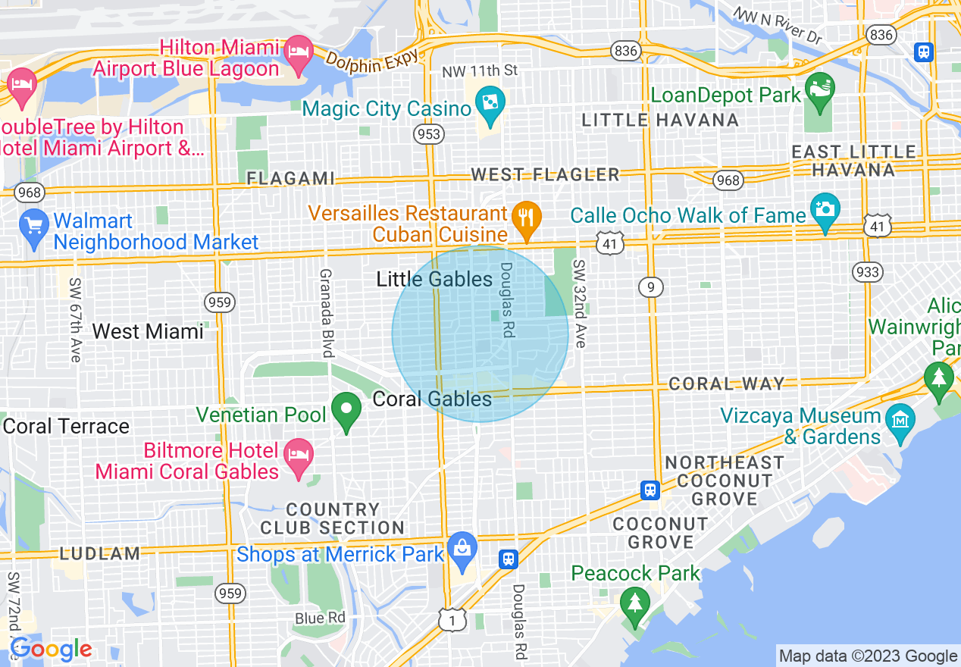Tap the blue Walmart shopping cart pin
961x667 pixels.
(x=34, y=227)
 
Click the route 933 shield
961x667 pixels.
(x=866, y=272)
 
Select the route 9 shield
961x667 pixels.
(x=651, y=287)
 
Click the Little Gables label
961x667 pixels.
(x=434, y=280)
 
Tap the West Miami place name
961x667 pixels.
(x=148, y=331)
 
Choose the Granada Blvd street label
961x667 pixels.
(x=327, y=313)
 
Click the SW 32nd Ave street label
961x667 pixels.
(x=580, y=304)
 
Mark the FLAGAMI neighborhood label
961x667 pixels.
(x=291, y=178)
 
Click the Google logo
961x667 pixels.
(x=51, y=649)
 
